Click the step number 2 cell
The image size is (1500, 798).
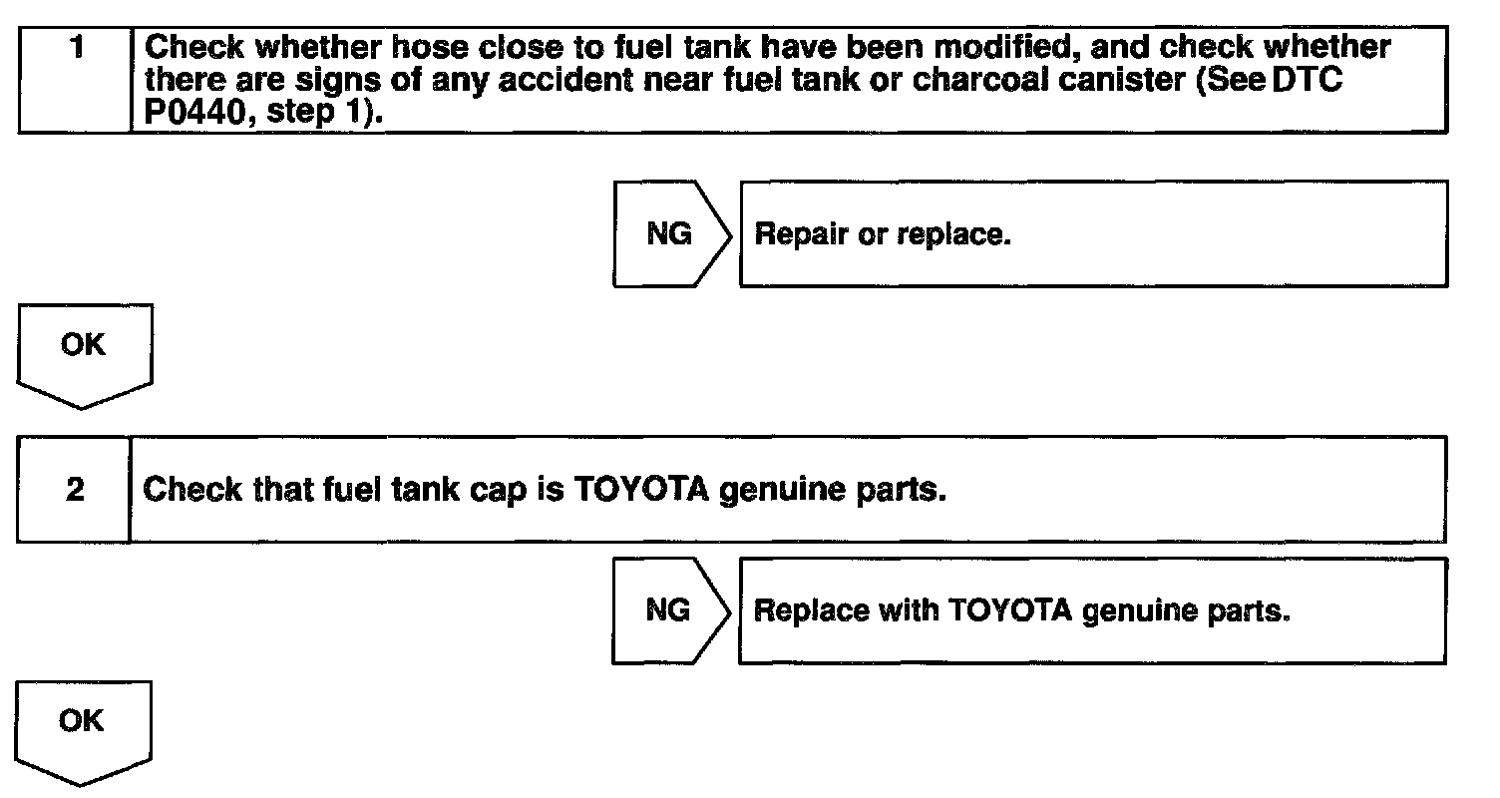coord(75,490)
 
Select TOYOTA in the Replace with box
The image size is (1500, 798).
coord(1006,610)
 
